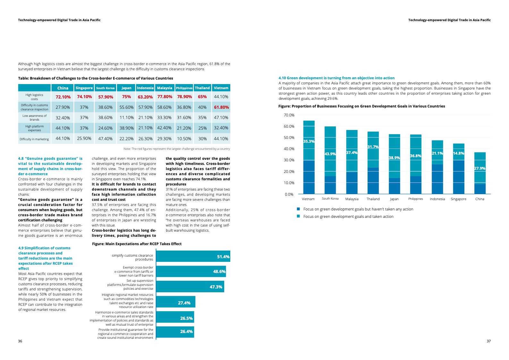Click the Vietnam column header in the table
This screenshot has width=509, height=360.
click(221, 88)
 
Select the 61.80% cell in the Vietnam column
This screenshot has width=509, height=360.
click(221, 107)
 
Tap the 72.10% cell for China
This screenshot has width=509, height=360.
click(63, 97)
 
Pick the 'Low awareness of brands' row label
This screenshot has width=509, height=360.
click(34, 117)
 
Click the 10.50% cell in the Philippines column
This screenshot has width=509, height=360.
click(184, 139)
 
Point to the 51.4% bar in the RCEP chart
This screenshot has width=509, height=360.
click(193, 256)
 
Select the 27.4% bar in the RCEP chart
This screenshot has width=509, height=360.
click(175, 302)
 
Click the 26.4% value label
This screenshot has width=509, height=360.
click(186, 331)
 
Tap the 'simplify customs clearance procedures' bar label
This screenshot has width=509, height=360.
click(132, 257)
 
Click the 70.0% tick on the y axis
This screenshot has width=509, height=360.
click(289, 115)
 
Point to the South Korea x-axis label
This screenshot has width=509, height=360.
click(330, 199)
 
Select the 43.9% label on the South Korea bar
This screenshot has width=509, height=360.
click(330, 154)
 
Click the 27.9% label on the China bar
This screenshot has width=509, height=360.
click(479, 168)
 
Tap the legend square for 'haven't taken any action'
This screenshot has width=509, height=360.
click(298, 209)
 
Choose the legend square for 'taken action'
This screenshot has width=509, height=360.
click(298, 216)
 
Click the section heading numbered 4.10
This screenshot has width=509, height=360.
click(336, 78)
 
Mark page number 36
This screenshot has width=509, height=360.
click(20, 341)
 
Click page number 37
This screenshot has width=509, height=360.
click(488, 341)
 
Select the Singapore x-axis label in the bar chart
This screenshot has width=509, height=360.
click(458, 199)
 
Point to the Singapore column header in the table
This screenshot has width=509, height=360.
click(84, 88)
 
